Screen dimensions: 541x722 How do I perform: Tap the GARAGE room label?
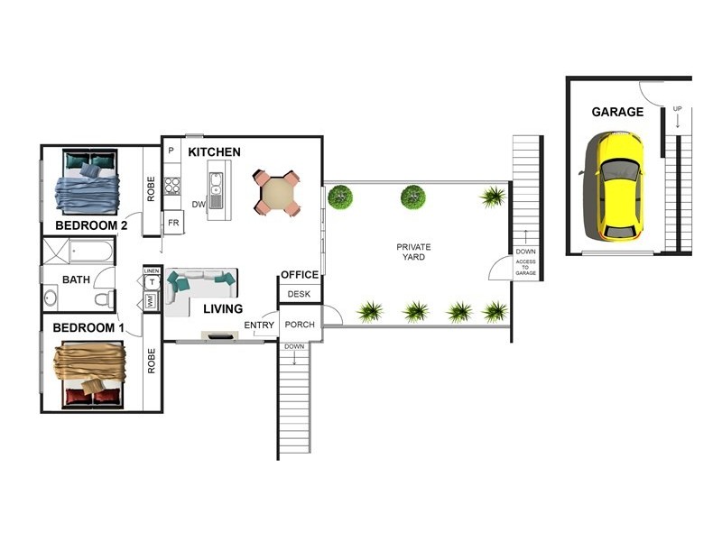[617, 113]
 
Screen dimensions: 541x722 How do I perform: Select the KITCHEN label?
[214, 152]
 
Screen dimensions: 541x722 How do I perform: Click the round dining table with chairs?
[275, 193]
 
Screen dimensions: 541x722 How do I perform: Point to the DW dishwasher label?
[199, 204]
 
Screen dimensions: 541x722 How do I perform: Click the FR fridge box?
[173, 222]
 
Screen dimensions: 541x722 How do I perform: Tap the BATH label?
[76, 280]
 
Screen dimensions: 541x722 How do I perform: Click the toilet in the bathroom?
[106, 298]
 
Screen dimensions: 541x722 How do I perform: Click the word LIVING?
[222, 309]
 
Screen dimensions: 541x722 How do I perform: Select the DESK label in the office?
[298, 294]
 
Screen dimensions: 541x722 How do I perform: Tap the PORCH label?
[299, 325]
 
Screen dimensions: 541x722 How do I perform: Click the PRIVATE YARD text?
[414, 252]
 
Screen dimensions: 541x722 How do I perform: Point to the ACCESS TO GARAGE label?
[525, 267]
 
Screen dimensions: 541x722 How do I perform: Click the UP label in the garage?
[677, 109]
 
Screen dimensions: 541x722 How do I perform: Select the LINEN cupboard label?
[152, 270]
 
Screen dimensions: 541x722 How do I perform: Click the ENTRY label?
[259, 326]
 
